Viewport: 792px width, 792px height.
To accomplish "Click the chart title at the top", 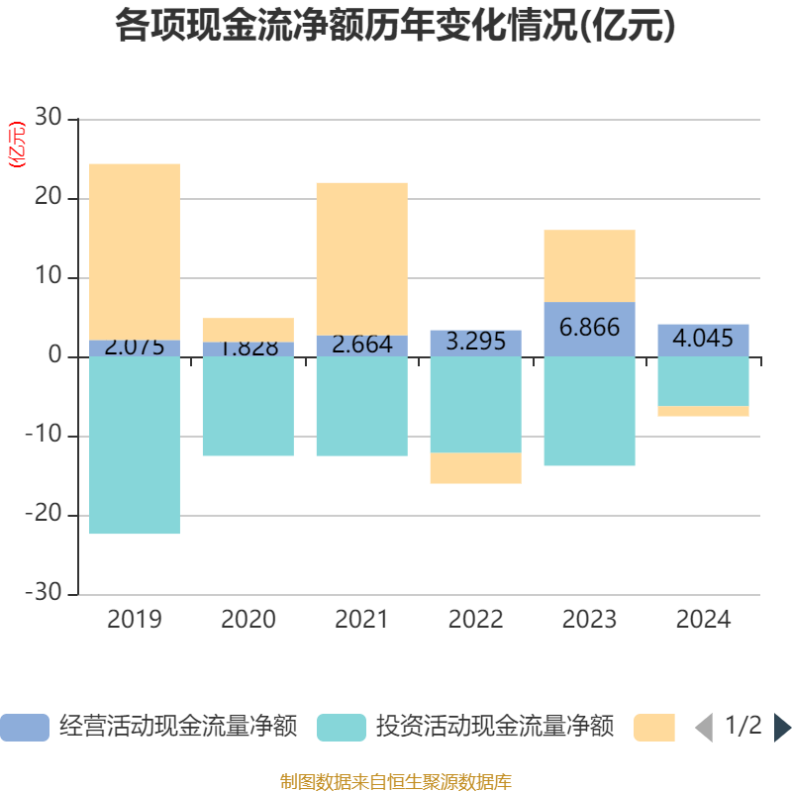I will coord(395,26).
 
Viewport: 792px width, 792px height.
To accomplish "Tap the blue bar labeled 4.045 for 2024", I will coord(703,340).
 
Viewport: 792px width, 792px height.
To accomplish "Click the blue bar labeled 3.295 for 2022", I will coord(475,343).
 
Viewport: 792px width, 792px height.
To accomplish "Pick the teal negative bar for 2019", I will coord(135,445).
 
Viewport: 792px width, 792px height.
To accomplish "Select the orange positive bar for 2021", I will coord(361,257).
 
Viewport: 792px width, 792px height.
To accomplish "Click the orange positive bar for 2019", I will coord(135,251).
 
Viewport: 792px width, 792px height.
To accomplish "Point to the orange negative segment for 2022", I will coord(475,468).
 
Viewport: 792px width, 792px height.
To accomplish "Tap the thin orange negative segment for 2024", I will coord(703,411).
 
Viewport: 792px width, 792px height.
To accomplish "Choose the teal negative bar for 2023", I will coord(589,411).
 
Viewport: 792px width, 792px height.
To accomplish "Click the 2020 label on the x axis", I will coord(248,620).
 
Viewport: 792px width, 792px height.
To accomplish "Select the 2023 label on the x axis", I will coord(589,620).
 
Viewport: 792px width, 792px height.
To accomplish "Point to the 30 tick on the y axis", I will coord(49,119).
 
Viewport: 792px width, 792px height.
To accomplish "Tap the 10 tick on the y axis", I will coord(49,278).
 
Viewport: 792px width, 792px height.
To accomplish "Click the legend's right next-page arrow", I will coord(782,728).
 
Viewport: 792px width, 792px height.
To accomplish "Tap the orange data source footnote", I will coord(395,781).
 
